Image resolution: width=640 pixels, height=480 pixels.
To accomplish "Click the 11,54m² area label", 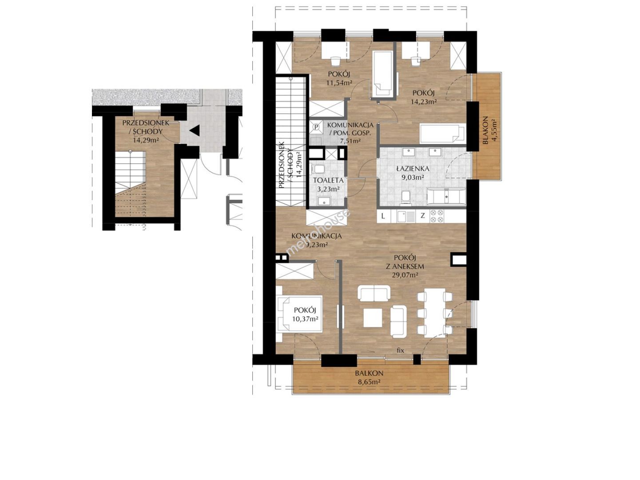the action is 338,83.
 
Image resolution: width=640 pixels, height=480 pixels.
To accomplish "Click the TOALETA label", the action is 328,180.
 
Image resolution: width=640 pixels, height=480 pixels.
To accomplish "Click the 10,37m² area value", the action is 305,319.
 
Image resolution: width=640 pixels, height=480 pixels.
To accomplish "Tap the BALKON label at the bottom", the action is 369,373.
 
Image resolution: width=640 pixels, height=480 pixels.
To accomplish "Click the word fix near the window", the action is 400,350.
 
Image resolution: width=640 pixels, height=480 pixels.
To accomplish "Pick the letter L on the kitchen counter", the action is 383,216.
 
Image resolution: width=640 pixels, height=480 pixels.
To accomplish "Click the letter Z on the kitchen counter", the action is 422,216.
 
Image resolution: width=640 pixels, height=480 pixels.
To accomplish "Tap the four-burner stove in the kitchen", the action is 437,216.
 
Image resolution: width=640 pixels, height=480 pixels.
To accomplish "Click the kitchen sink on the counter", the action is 405,216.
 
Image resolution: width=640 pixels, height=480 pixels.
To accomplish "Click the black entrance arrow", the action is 195,130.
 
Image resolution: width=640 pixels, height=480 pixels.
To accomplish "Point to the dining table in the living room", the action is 435,313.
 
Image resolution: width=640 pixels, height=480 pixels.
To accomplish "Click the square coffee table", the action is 373,318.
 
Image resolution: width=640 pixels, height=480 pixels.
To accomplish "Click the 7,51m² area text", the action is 350,140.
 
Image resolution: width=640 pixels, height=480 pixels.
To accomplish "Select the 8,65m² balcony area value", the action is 369,382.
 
